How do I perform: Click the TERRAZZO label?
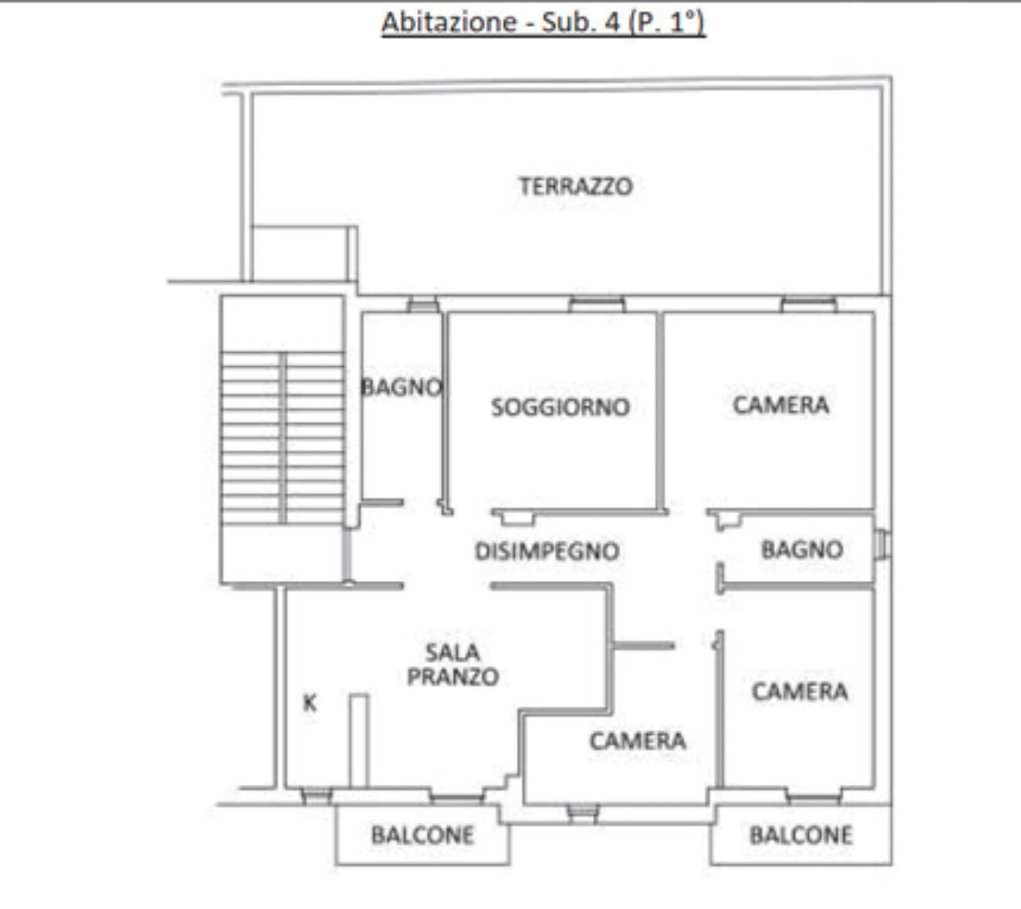click(575, 187)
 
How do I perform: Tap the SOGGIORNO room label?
click(560, 407)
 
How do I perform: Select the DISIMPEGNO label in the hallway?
click(547, 551)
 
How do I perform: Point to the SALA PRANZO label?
click(453, 664)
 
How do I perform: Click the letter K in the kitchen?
click(310, 703)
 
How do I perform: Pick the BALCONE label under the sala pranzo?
click(423, 835)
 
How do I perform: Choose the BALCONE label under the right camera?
click(801, 835)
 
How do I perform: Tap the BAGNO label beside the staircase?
click(402, 387)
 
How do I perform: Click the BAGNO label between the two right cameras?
click(802, 549)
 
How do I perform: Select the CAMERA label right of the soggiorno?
click(781, 405)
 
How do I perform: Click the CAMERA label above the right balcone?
click(800, 691)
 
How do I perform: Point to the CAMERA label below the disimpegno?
click(638, 741)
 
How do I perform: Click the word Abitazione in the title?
click(450, 23)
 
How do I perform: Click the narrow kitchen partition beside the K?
click(358, 741)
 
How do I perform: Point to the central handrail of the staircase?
click(282, 437)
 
